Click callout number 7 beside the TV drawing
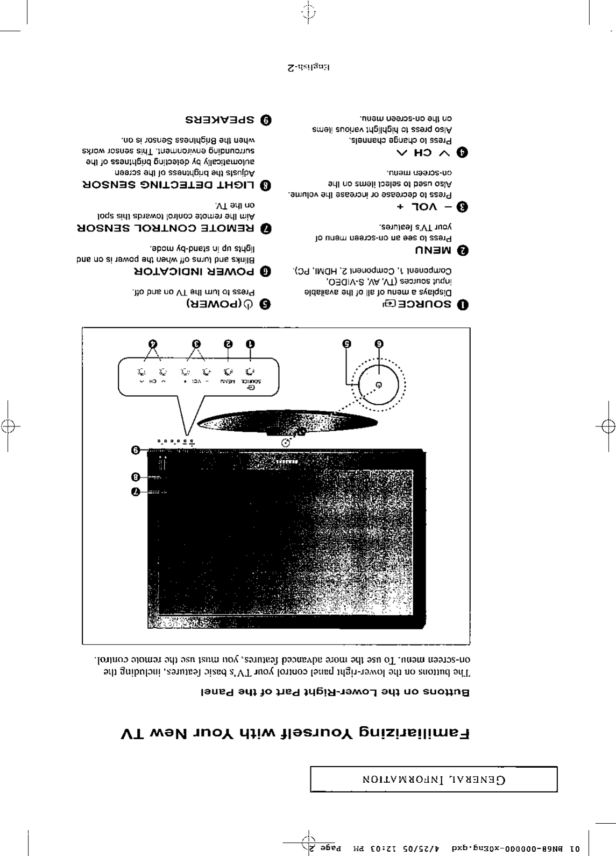pos(136,492)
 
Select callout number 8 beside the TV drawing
pos(136,477)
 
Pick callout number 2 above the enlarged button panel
pos(228,343)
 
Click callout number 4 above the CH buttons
pos(153,343)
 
